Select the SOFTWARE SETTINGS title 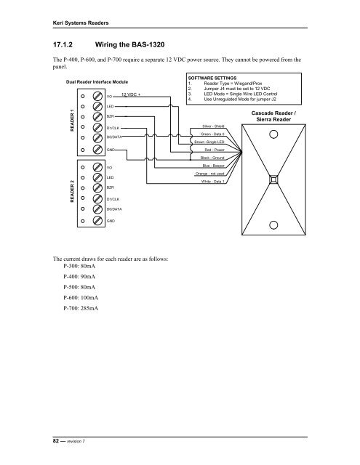point(217,76)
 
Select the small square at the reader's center point(274,179)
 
